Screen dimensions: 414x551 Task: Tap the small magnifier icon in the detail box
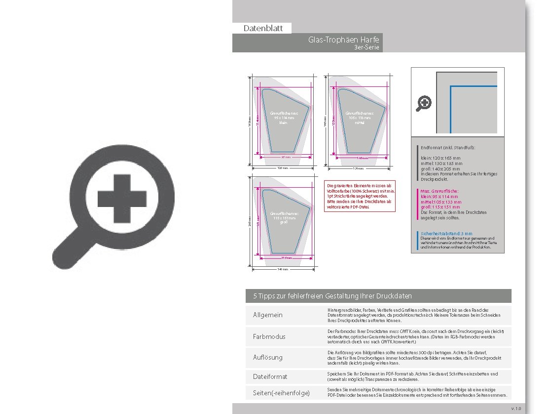pyautogui.click(x=424, y=103)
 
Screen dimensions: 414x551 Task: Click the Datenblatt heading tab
pyautogui.click(x=263, y=28)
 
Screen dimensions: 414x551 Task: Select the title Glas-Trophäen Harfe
pyautogui.click(x=343, y=39)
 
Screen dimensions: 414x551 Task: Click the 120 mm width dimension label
pyautogui.click(x=283, y=168)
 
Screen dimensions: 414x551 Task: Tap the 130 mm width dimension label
pyautogui.click(x=359, y=168)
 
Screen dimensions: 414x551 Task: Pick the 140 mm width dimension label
pyautogui.click(x=283, y=269)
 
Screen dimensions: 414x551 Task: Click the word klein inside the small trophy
pyautogui.click(x=283, y=123)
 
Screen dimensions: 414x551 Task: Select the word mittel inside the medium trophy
pyautogui.click(x=359, y=123)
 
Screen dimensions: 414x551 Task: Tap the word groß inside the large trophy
pyautogui.click(x=283, y=222)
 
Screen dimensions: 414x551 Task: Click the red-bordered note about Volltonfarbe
pyautogui.click(x=361, y=196)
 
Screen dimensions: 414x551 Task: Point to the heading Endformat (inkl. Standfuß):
pyautogui.click(x=448, y=147)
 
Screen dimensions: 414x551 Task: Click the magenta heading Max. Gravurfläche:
pyautogui.click(x=440, y=191)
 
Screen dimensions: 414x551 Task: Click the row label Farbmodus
pyautogui.click(x=269, y=336)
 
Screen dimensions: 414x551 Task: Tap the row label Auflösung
pyautogui.click(x=268, y=357)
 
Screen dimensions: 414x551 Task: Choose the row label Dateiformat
pyautogui.click(x=270, y=376)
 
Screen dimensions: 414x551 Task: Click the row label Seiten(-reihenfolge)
pyautogui.click(x=281, y=393)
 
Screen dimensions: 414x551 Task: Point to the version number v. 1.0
pyautogui.click(x=516, y=409)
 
